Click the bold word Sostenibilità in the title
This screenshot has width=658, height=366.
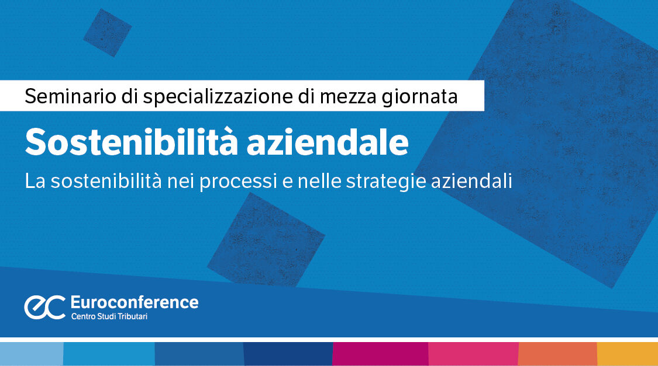coord(130,142)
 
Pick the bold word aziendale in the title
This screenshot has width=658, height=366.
coord(328,142)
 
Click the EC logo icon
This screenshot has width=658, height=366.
coord(44,308)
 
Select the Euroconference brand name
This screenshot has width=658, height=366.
coord(134,302)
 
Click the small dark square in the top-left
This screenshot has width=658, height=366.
coord(107,32)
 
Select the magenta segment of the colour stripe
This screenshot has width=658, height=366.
coord(380,354)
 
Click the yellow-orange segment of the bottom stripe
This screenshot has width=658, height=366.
coord(627,354)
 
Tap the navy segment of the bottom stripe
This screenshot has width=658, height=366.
coord(288,354)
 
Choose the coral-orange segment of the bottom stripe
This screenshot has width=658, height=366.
coord(557,354)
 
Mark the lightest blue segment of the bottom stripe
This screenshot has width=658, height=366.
coord(31,354)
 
